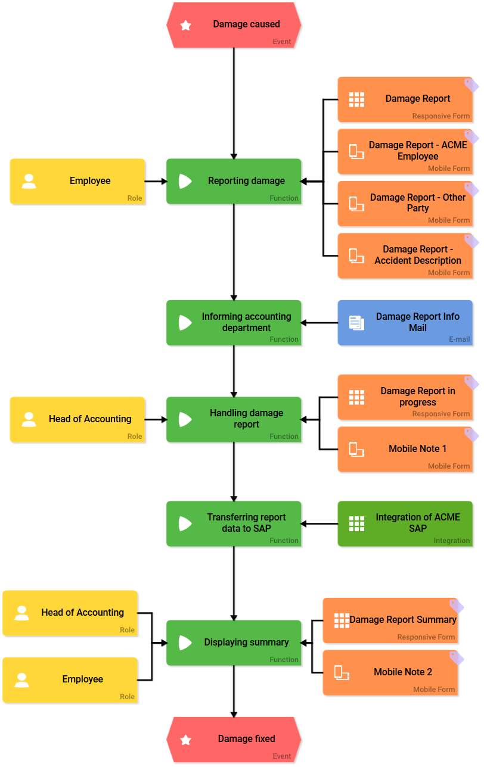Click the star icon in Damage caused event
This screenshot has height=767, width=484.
[186, 26]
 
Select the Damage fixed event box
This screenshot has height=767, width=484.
[234, 739]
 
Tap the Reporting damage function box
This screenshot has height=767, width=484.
[234, 181]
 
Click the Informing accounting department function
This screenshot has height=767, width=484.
[234, 322]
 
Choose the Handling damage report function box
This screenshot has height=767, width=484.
[234, 419]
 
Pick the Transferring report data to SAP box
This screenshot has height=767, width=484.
[234, 523]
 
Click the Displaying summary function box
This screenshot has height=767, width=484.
[234, 643]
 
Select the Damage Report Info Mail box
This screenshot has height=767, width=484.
[405, 322]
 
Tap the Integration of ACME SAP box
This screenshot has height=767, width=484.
[405, 523]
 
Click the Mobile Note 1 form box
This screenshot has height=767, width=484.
[405, 449]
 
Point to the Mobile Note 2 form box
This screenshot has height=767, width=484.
[390, 672]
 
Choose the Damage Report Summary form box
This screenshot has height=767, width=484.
[390, 621]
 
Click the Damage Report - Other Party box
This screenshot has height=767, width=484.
[405, 203]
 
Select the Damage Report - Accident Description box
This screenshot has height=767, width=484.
[405, 255]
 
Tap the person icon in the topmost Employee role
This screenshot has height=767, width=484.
[29, 181]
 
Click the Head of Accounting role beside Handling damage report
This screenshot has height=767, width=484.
[77, 419]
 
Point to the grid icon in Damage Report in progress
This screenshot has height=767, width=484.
[356, 397]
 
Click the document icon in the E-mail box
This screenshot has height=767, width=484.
[356, 323]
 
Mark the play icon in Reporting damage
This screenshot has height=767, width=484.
[185, 181]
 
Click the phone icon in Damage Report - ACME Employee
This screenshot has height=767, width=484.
[356, 151]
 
